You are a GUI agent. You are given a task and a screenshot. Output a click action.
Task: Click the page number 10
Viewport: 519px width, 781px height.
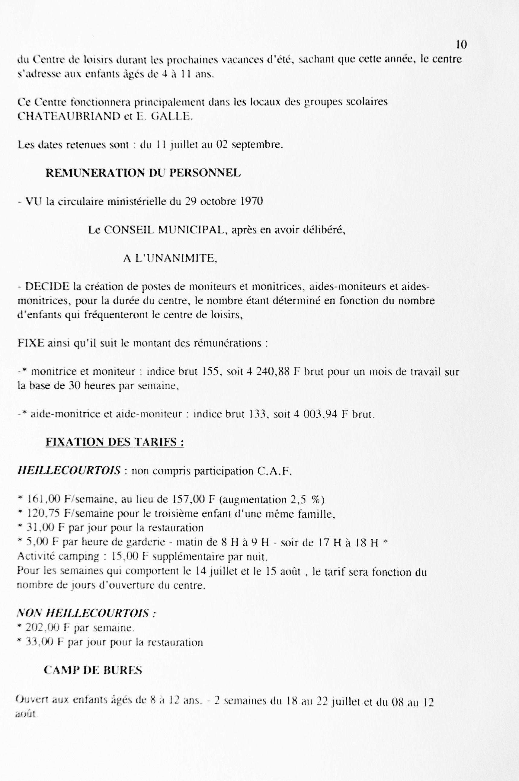pyautogui.click(x=461, y=44)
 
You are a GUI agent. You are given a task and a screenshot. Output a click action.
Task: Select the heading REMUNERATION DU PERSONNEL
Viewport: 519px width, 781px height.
pyautogui.click(x=143, y=173)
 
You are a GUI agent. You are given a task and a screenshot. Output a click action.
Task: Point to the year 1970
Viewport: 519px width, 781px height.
pyautogui.click(x=252, y=201)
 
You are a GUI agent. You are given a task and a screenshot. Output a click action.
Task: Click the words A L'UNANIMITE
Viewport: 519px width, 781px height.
pyautogui.click(x=170, y=258)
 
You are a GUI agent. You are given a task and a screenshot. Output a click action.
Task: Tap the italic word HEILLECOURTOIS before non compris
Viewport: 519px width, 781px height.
pyautogui.click(x=69, y=471)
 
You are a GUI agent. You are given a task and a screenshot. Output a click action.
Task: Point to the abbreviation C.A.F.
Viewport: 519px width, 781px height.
pyautogui.click(x=275, y=471)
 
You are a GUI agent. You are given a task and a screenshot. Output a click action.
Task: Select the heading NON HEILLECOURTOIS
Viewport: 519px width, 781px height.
pyautogui.click(x=86, y=613)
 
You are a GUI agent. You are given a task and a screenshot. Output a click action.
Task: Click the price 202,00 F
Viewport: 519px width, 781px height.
pyautogui.click(x=47, y=628)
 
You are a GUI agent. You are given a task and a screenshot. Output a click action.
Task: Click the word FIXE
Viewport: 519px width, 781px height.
pyautogui.click(x=31, y=343)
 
